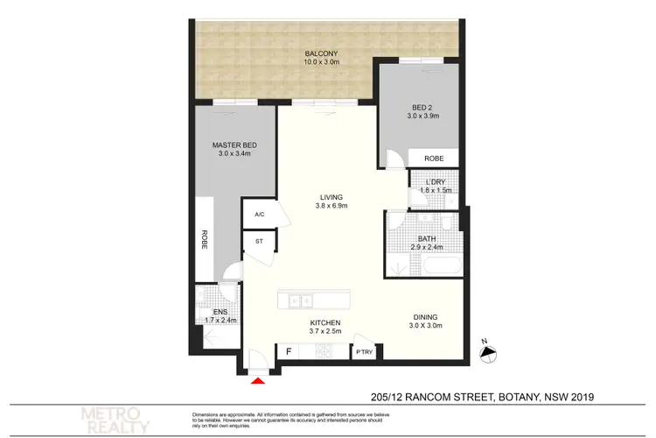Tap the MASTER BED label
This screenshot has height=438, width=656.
pos(233,145)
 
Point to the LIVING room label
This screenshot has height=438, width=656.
pos(331,197)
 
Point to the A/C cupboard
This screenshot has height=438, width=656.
pos(259,215)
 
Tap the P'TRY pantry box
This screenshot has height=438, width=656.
pos(363,351)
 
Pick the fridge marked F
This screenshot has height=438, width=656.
pos(288,351)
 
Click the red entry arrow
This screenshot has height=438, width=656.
pos(258,380)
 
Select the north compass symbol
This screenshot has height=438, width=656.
pos(488,350)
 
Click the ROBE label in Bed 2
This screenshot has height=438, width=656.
pos(433,159)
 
